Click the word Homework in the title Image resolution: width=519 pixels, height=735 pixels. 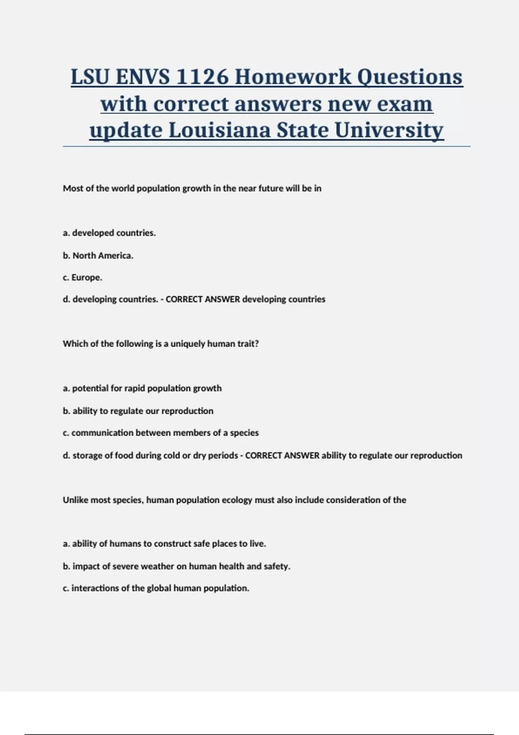(292, 77)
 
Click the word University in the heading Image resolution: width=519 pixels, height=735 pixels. (389, 130)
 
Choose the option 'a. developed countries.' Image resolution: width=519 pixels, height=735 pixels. (109, 233)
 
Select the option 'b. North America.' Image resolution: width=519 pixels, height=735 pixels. (98, 256)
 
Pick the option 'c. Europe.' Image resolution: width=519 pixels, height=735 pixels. (82, 278)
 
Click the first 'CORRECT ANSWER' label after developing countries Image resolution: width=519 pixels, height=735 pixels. (203, 299)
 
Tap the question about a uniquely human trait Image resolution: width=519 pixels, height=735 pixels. (160, 344)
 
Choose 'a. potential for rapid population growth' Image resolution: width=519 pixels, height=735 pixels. (142, 388)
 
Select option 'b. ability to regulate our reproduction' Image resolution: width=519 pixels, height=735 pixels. (138, 411)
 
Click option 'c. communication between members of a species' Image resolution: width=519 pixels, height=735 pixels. (160, 433)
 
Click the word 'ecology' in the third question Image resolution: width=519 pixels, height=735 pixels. (237, 500)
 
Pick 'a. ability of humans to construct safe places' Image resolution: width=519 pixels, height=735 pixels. (164, 544)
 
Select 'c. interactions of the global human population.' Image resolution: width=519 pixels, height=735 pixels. (156, 588)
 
